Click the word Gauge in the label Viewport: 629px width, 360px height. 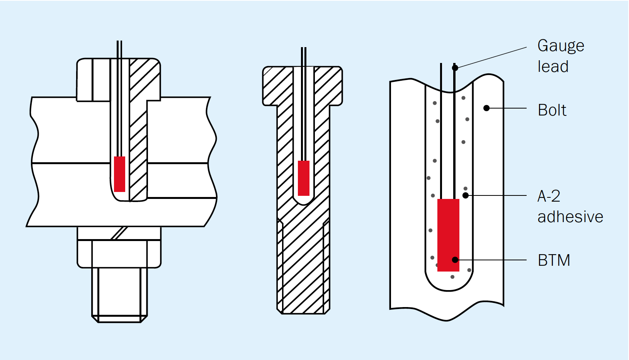point(561,46)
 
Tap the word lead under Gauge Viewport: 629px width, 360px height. point(553,67)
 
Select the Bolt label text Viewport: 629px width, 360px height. point(552,110)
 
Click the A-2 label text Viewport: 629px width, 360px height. point(549,196)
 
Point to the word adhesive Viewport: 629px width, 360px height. point(570,217)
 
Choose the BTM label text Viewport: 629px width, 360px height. point(554,260)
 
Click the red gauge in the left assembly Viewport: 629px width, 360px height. point(120,174)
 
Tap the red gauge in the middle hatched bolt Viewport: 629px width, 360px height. point(304,178)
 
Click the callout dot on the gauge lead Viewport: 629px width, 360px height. point(455,68)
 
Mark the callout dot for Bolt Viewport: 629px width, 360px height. point(487,108)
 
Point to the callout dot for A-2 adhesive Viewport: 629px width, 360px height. point(466,195)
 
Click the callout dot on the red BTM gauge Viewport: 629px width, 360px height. point(455,260)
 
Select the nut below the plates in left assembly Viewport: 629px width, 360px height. point(119,254)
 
